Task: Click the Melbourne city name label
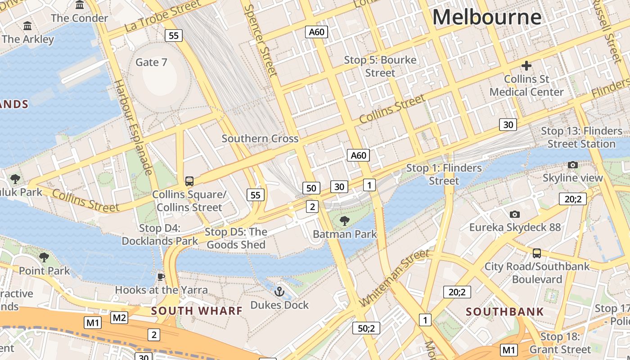point(487,18)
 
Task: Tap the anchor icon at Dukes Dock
point(279,292)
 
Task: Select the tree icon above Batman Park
point(345,220)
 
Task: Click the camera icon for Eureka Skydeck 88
point(515,214)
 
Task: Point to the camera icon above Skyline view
point(572,165)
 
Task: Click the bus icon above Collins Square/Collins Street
point(189,181)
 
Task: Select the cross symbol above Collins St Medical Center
point(526,66)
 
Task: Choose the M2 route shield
point(119,318)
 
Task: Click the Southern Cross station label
point(260,139)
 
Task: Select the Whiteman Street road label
point(395,278)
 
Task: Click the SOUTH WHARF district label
point(197,310)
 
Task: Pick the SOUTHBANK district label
point(504,311)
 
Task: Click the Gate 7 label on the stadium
point(151,62)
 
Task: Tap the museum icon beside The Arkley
point(27,26)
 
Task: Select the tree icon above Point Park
point(44,257)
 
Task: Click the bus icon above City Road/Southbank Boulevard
point(536,253)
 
